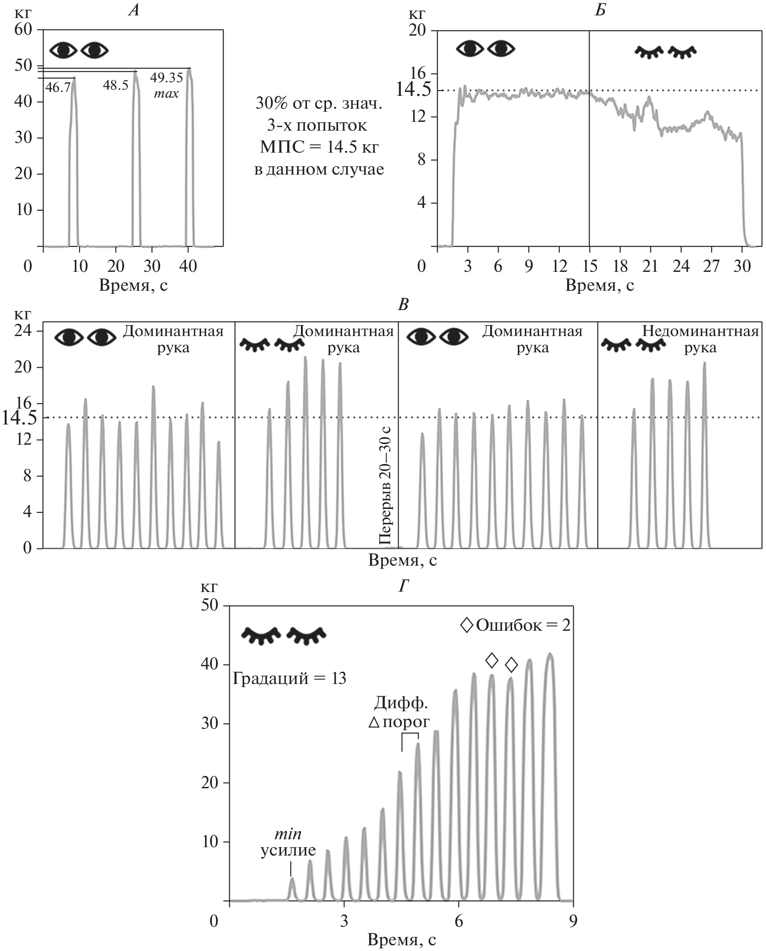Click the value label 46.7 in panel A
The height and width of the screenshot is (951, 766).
[x=58, y=88]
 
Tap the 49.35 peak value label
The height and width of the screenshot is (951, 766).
[x=166, y=78]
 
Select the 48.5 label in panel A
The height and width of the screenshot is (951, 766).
[x=116, y=85]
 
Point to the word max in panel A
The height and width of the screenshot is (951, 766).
[x=166, y=94]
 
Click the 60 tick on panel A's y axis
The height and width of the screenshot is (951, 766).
[x=23, y=29]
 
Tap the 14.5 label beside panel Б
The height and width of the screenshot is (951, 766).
[x=413, y=90]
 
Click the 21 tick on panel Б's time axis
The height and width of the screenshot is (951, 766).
[x=650, y=266]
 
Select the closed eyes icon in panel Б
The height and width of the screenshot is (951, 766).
[x=665, y=52]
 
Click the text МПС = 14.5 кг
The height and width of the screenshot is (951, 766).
[x=319, y=147]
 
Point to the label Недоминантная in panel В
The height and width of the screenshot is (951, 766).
[x=700, y=331]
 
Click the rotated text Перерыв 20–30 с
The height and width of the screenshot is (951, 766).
[x=386, y=486]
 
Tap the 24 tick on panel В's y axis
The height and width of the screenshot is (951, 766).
[x=23, y=330]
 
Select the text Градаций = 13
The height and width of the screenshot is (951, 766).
[x=290, y=678]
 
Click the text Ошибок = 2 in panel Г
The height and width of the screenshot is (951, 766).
[x=523, y=625]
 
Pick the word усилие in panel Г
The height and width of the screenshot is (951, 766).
[x=288, y=850]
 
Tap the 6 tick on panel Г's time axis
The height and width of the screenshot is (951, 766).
[x=459, y=922]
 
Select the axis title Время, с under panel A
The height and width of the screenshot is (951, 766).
[x=133, y=285]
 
